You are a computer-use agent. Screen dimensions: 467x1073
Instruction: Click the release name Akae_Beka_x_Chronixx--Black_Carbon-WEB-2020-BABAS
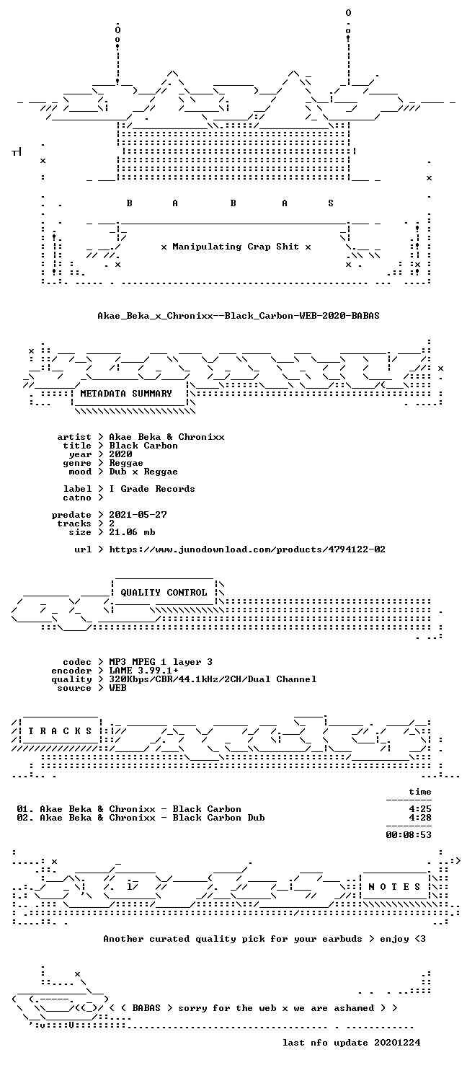pos(238,316)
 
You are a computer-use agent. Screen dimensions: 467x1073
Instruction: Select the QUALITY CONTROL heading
pos(164,593)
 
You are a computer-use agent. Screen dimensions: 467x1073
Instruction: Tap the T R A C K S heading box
pos(60,730)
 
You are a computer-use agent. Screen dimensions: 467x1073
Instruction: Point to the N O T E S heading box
pos(393,887)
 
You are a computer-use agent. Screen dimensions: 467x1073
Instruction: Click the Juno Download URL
pos(247,549)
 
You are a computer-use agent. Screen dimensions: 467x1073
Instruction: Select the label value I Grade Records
pos(152,489)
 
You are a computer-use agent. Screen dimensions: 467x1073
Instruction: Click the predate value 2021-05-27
pos(138,514)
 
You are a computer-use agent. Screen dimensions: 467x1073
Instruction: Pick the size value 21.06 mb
pos(132,531)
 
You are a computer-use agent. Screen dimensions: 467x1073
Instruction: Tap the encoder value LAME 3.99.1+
pos(143,671)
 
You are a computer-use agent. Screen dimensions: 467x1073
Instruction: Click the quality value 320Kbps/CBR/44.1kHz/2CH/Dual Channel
pos(213,679)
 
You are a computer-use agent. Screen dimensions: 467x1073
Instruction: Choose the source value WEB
pos(117,688)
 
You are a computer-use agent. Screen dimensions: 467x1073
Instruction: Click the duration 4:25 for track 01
pos(420,809)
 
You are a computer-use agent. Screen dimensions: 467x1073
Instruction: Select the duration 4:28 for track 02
pos(420,818)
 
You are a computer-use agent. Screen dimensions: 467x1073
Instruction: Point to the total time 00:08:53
pos(409,835)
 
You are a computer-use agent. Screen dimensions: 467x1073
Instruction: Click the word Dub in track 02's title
pos(257,818)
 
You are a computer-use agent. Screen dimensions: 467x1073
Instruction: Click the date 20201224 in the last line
pos(397,1043)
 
